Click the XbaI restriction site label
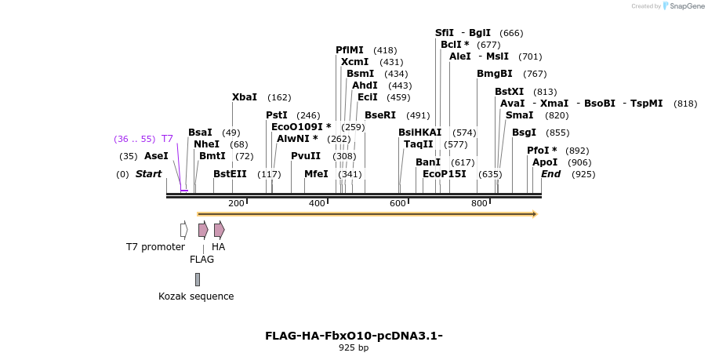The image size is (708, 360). (x=245, y=97)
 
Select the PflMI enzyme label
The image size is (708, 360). (x=350, y=50)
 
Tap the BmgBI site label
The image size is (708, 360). (x=495, y=74)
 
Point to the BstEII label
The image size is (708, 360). (x=230, y=174)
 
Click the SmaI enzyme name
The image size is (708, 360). (x=519, y=115)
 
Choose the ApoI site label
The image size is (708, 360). (x=545, y=162)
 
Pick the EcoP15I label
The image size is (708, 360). (x=444, y=174)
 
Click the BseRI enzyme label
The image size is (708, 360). (x=380, y=115)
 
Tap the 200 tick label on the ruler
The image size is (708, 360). (x=236, y=204)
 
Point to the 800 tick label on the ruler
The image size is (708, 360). (x=479, y=204)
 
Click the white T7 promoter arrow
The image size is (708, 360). (x=183, y=230)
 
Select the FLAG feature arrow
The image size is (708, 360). (x=203, y=230)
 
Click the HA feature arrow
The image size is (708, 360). (x=220, y=230)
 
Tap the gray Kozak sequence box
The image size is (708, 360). (x=198, y=279)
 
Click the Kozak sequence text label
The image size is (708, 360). (x=196, y=296)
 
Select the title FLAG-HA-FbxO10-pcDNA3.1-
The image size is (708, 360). (x=354, y=336)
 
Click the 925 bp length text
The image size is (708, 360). (x=354, y=347)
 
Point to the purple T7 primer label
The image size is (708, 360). (x=167, y=139)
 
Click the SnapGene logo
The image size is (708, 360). (x=682, y=6)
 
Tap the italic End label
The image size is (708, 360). (x=550, y=174)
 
